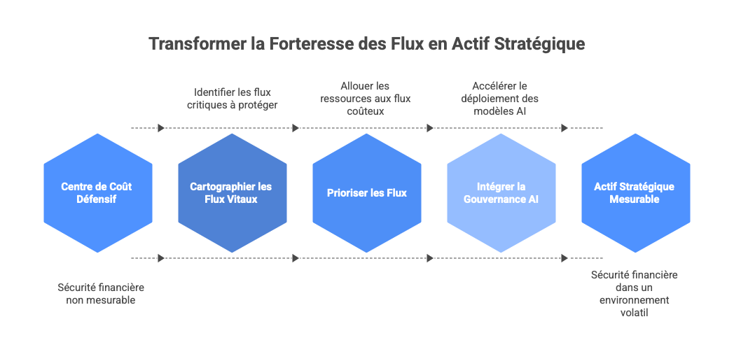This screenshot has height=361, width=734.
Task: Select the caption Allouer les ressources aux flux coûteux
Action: [365, 99]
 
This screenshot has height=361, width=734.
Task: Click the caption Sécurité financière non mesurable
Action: [96, 293]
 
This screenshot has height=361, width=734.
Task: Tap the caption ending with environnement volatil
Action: [634, 294]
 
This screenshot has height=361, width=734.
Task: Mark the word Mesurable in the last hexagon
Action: [634, 199]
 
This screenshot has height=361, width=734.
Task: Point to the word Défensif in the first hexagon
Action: [97, 199]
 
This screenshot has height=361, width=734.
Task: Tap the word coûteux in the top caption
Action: [366, 111]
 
